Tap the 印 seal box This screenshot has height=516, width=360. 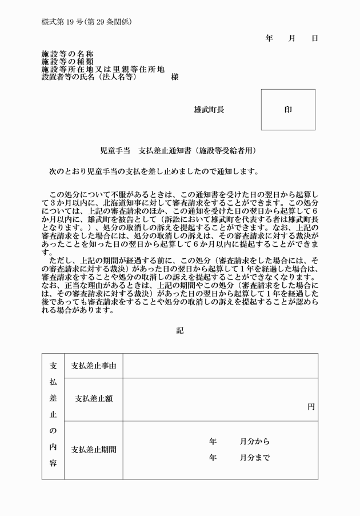[288, 109]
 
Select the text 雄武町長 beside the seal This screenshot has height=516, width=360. [209, 110]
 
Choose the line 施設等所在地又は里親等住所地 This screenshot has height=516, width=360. [103, 69]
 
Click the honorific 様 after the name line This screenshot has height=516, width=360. [174, 77]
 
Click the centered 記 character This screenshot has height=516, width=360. [180, 330]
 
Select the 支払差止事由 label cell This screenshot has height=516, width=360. [93, 366]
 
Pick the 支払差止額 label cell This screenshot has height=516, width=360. [93, 399]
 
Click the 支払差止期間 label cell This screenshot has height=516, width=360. [93, 450]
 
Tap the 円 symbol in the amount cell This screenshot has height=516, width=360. [311, 407]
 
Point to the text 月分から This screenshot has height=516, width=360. [255, 442]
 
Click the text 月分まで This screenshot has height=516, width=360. [255, 458]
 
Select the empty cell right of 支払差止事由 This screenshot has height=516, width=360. [220, 366]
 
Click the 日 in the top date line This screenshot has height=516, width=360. [314, 38]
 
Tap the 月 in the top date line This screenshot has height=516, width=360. [291, 38]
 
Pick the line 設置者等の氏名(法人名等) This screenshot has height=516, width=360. [90, 77]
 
